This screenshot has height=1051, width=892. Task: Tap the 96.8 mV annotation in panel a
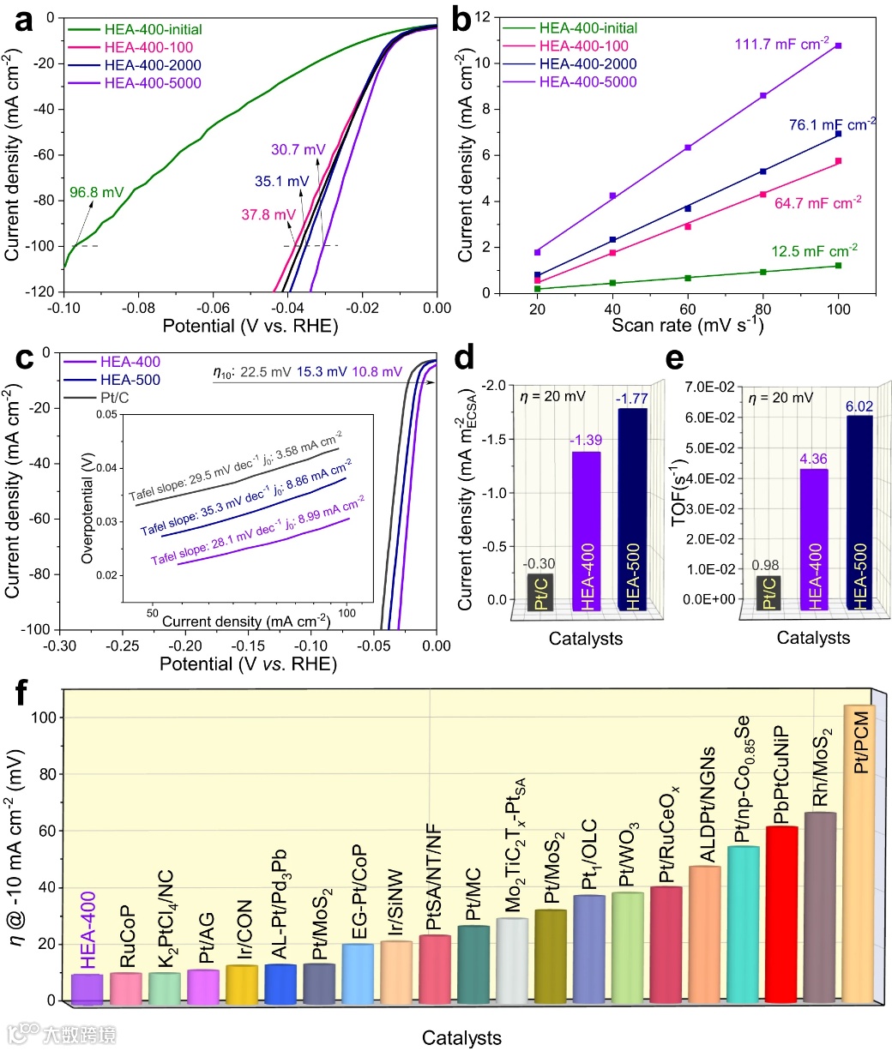point(95,193)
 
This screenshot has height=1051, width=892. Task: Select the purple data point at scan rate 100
point(838,45)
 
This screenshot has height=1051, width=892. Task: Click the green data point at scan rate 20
point(537,289)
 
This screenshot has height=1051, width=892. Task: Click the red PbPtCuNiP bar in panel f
point(781,913)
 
